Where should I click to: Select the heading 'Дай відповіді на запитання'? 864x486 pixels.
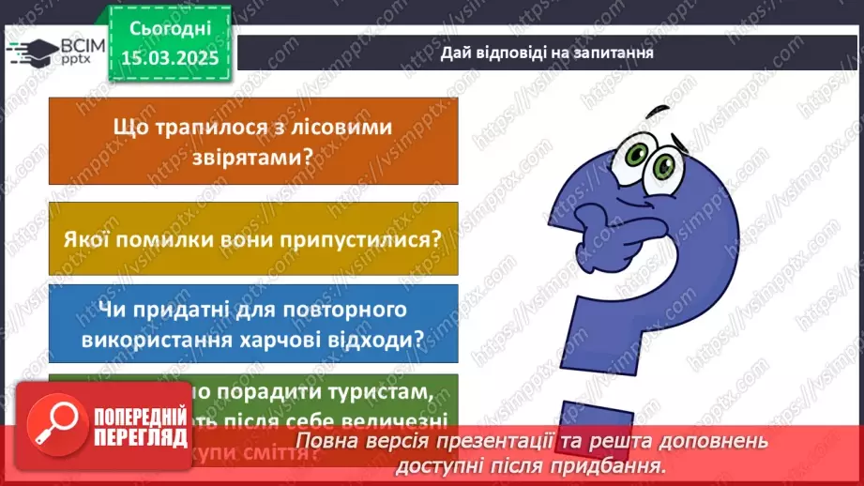click(547, 53)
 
